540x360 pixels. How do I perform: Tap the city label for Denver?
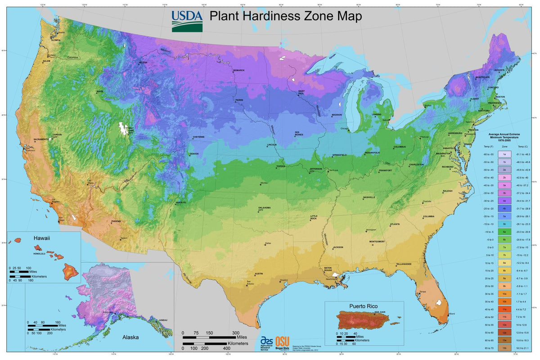tap(194, 154)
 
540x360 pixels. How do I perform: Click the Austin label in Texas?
tap(259, 274)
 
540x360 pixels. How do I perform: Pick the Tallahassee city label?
tap(405, 264)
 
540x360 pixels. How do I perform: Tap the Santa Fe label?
tap(180, 202)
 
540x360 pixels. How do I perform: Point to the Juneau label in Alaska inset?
tap(163, 320)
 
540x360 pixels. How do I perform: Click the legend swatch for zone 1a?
tap(505, 154)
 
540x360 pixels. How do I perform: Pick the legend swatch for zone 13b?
tap(505, 348)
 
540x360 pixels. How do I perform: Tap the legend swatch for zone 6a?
tap(505, 231)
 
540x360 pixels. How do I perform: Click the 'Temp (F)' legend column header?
tap(489, 147)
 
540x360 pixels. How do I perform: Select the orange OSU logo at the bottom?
tap(282, 342)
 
